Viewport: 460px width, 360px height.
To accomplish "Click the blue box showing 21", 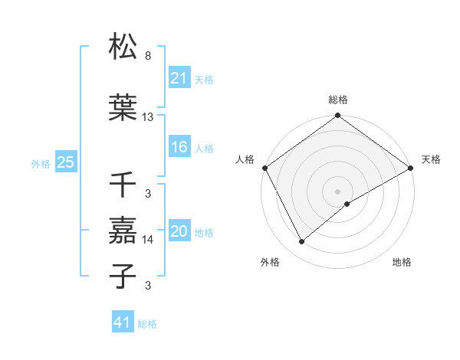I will (179, 78).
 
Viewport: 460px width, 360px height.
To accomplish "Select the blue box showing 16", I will (179, 148).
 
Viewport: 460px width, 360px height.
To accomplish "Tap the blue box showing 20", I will (179, 232).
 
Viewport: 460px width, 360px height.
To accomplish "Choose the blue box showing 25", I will (66, 162).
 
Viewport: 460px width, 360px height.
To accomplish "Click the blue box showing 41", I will (123, 323).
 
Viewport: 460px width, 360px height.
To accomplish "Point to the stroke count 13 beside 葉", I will (148, 117).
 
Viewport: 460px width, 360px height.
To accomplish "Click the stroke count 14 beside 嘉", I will (148, 240).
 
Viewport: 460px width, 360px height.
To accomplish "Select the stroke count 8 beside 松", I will (148, 56).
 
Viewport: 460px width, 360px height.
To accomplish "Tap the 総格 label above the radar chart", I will (338, 100).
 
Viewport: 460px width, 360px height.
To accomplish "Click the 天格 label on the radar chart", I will (431, 159).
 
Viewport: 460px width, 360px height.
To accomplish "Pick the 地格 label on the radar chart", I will (402, 262).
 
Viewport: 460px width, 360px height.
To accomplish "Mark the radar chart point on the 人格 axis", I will (264, 167).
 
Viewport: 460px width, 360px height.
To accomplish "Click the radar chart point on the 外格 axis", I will (302, 242).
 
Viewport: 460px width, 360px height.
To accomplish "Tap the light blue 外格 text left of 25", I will (41, 163).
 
